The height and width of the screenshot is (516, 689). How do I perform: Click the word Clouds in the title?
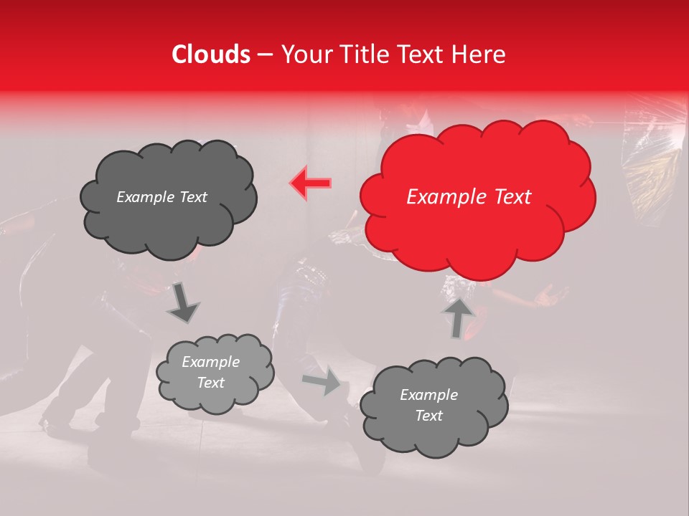click(211, 54)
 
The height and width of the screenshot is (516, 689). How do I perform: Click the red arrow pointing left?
click(311, 183)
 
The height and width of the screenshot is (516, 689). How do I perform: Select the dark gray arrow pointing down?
click(183, 302)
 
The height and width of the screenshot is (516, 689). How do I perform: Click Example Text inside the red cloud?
click(469, 197)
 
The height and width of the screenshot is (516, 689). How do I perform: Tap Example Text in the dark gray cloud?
click(161, 197)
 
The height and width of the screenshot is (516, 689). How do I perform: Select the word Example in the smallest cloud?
click(210, 362)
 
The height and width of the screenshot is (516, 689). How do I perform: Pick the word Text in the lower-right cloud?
click(428, 416)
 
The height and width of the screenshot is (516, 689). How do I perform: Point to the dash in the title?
click(265, 55)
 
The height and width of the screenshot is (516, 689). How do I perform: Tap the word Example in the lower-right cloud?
click(428, 395)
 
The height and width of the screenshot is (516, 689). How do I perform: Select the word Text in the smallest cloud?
click(210, 383)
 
